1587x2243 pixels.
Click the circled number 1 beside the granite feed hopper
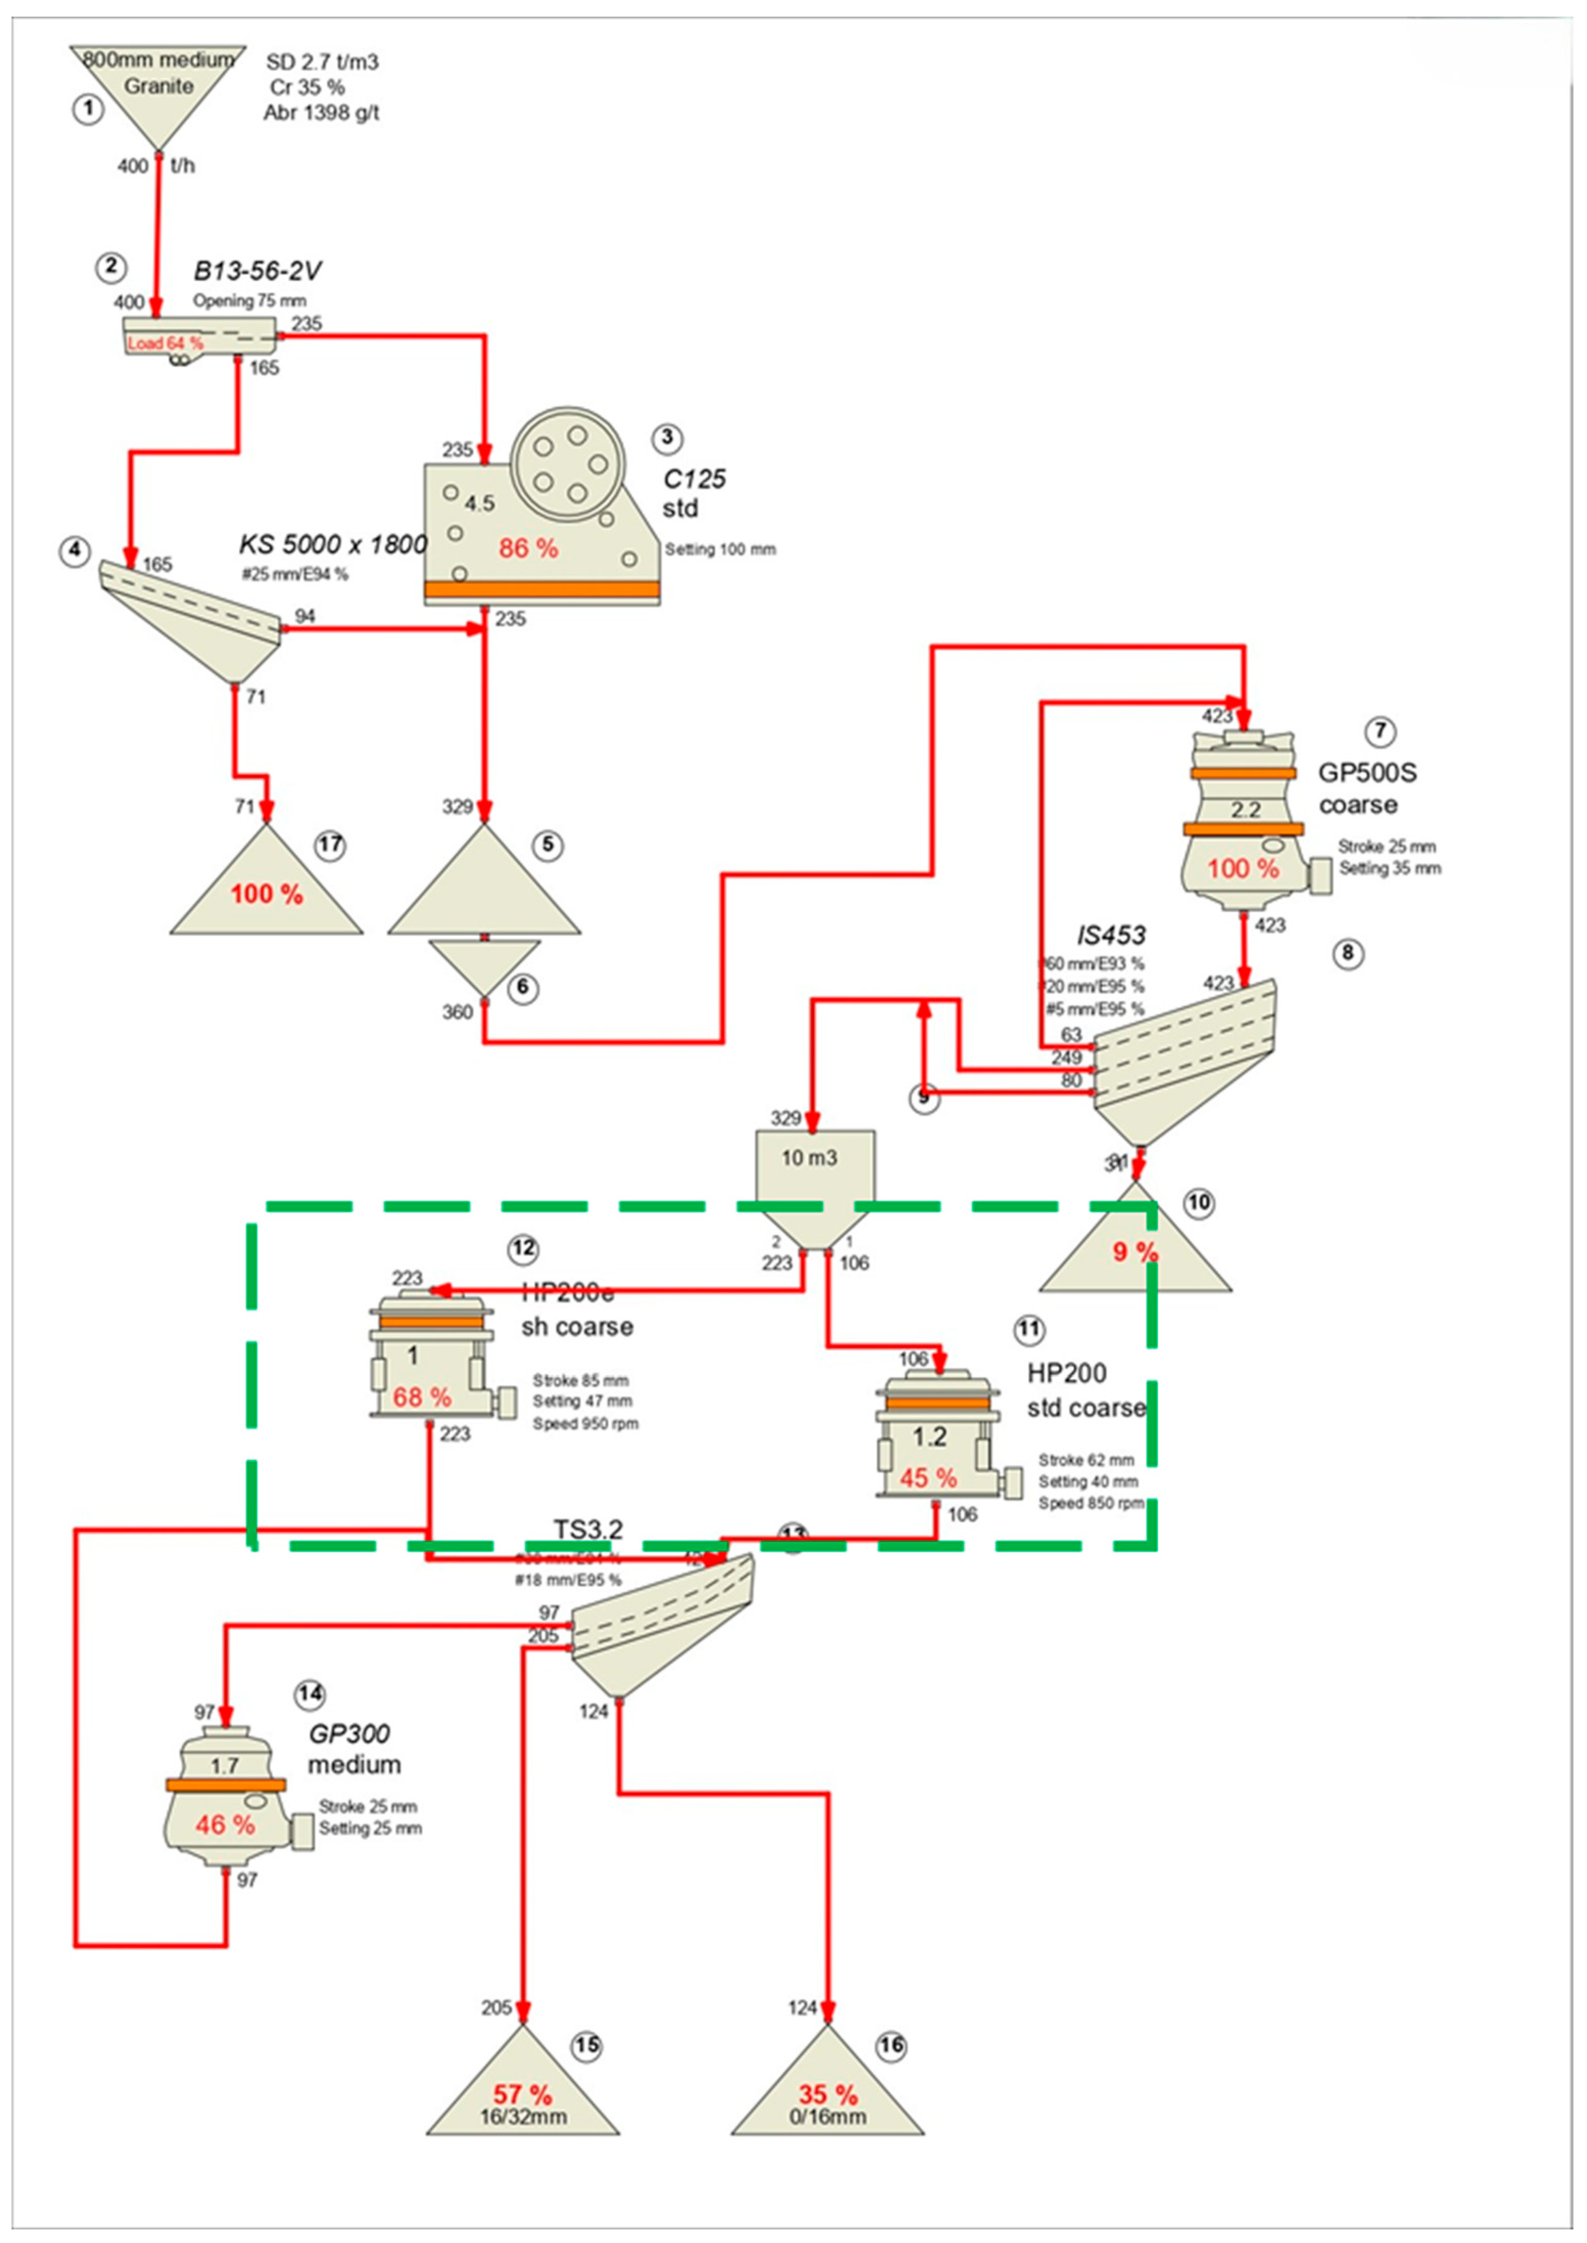[x=88, y=109]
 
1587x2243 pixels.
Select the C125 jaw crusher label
[x=694, y=478]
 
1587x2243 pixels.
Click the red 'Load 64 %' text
[x=165, y=343]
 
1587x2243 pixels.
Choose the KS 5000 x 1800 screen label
[x=332, y=544]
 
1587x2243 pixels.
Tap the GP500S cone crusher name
[x=1367, y=773]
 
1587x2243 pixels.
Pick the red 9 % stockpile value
[x=1134, y=1251]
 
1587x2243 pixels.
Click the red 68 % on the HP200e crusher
[x=422, y=1397]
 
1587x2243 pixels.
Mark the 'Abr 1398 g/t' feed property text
[x=321, y=113]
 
